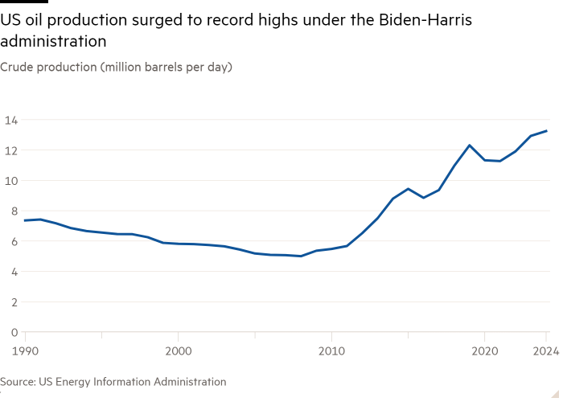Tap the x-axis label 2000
[x=178, y=351]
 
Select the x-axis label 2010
[x=331, y=351]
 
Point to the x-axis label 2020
[x=485, y=351]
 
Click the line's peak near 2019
[x=470, y=146]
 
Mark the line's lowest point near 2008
[x=301, y=256]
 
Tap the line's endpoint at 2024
[x=547, y=131]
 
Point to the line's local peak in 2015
[x=409, y=189]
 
